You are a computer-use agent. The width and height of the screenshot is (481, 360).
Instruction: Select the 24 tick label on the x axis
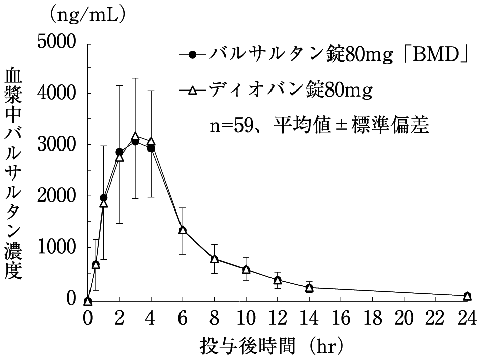click(467, 320)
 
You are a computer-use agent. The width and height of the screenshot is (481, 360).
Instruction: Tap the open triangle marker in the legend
click(192, 92)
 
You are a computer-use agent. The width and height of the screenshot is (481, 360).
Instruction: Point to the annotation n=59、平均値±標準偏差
click(320, 125)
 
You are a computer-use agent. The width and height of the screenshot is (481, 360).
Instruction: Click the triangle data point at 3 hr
click(135, 137)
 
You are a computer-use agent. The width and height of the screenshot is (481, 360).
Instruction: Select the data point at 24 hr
click(467, 296)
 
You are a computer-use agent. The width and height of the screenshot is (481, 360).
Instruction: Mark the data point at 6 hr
click(183, 230)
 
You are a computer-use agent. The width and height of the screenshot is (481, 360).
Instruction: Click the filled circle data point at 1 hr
click(104, 198)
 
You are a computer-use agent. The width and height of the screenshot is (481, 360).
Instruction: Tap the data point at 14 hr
click(309, 288)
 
